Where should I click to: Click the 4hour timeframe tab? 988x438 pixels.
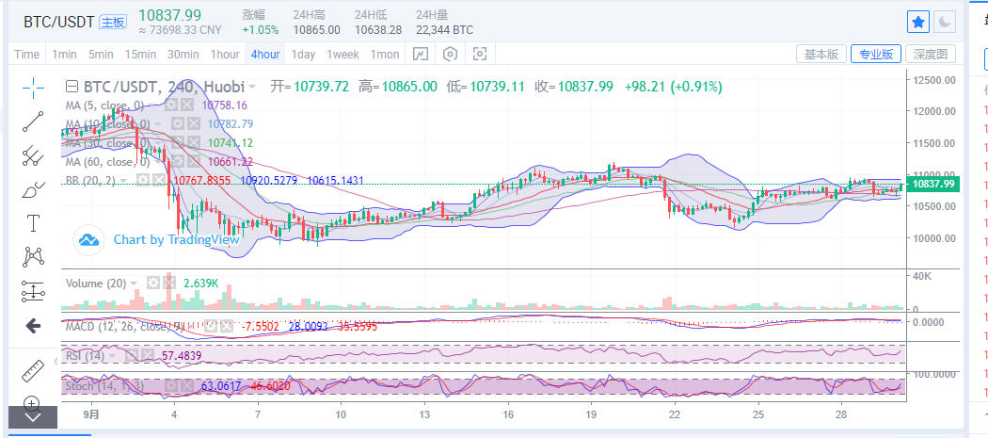click(x=265, y=54)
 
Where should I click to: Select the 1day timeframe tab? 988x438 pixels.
click(x=304, y=54)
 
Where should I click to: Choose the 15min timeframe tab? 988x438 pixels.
click(x=140, y=54)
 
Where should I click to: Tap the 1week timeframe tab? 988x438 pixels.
click(x=343, y=54)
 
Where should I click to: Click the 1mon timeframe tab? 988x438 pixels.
click(x=386, y=54)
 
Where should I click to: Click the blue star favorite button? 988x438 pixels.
click(x=917, y=22)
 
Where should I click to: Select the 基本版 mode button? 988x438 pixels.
click(x=821, y=54)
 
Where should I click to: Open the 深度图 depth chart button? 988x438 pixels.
click(x=934, y=54)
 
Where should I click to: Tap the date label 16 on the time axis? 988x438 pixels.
click(x=508, y=414)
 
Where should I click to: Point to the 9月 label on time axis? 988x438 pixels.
click(x=91, y=414)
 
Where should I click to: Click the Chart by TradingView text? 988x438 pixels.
click(x=177, y=239)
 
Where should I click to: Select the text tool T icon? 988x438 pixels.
click(x=34, y=223)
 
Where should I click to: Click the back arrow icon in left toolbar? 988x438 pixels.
click(x=34, y=326)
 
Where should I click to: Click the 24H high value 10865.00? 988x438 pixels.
click(x=316, y=29)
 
